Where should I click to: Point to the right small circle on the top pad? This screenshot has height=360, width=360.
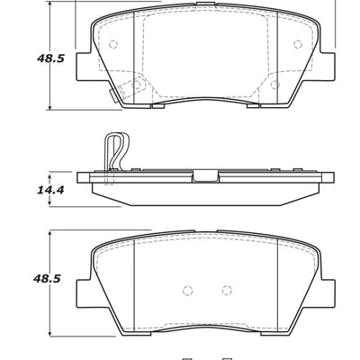298,45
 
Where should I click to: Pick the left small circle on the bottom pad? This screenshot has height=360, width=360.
187,291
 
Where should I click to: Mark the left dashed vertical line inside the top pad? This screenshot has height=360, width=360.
146,58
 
